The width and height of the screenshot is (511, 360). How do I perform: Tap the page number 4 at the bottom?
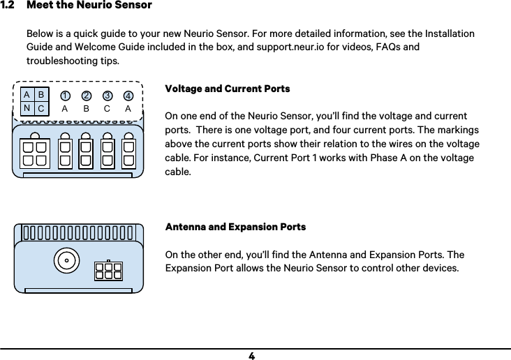[x=251, y=355]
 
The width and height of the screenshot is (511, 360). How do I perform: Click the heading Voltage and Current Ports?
[x=227, y=89]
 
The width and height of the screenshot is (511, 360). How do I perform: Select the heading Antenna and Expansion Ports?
[x=235, y=227]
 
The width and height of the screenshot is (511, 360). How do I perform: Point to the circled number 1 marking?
[x=65, y=96]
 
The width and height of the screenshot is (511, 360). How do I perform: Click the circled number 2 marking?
[x=86, y=96]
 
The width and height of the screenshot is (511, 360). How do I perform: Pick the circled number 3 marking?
[x=108, y=96]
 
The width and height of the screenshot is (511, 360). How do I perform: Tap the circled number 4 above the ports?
[x=128, y=96]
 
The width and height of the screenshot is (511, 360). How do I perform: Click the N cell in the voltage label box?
[x=27, y=108]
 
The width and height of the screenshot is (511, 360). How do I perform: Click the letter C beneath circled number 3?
[x=107, y=109]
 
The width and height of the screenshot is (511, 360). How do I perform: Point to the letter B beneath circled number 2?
[x=86, y=109]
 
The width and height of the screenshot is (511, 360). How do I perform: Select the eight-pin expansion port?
[x=108, y=270]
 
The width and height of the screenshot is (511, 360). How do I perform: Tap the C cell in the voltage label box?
[x=41, y=109]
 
